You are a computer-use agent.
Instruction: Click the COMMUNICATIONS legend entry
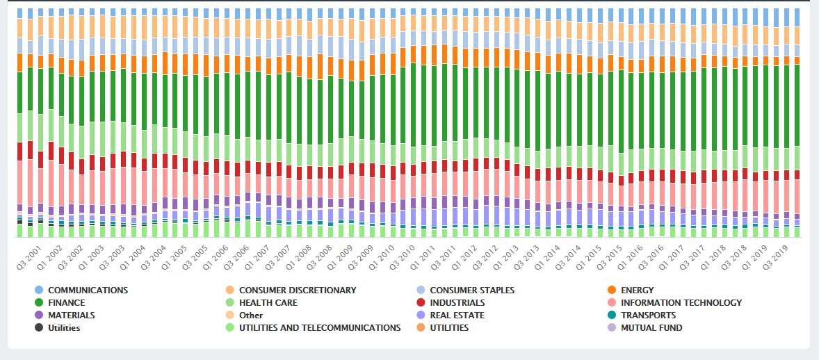tap(88, 290)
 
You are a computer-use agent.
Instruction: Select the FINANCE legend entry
tap(67, 302)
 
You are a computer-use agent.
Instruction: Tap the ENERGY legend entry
tap(637, 290)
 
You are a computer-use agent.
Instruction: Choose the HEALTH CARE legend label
tap(268, 302)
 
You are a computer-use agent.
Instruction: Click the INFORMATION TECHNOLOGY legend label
tap(681, 302)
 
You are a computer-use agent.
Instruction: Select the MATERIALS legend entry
tap(71, 315)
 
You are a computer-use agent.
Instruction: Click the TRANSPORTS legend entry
tap(648, 315)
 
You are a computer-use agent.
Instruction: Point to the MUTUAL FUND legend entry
tap(651, 327)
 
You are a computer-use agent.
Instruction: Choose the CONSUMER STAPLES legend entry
tap(472, 290)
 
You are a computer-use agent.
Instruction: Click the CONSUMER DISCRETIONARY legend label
tap(297, 290)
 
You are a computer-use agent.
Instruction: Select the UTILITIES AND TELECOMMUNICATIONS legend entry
tap(319, 327)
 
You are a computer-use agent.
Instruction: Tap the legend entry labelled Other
tap(251, 315)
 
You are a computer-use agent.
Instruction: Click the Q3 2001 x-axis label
tap(29, 256)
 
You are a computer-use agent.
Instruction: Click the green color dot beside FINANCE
tap(39, 302)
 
